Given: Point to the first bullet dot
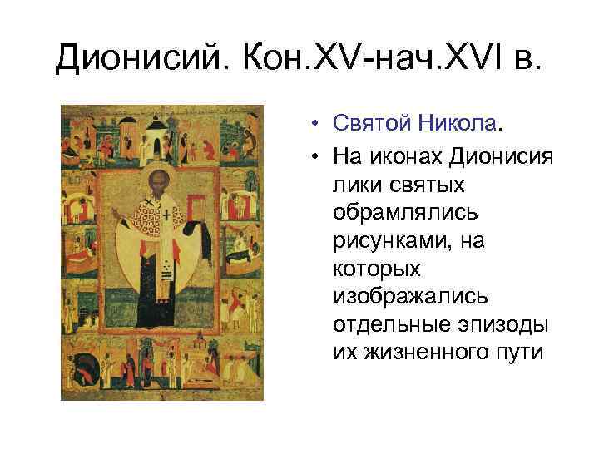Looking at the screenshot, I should [x=319, y=125].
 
